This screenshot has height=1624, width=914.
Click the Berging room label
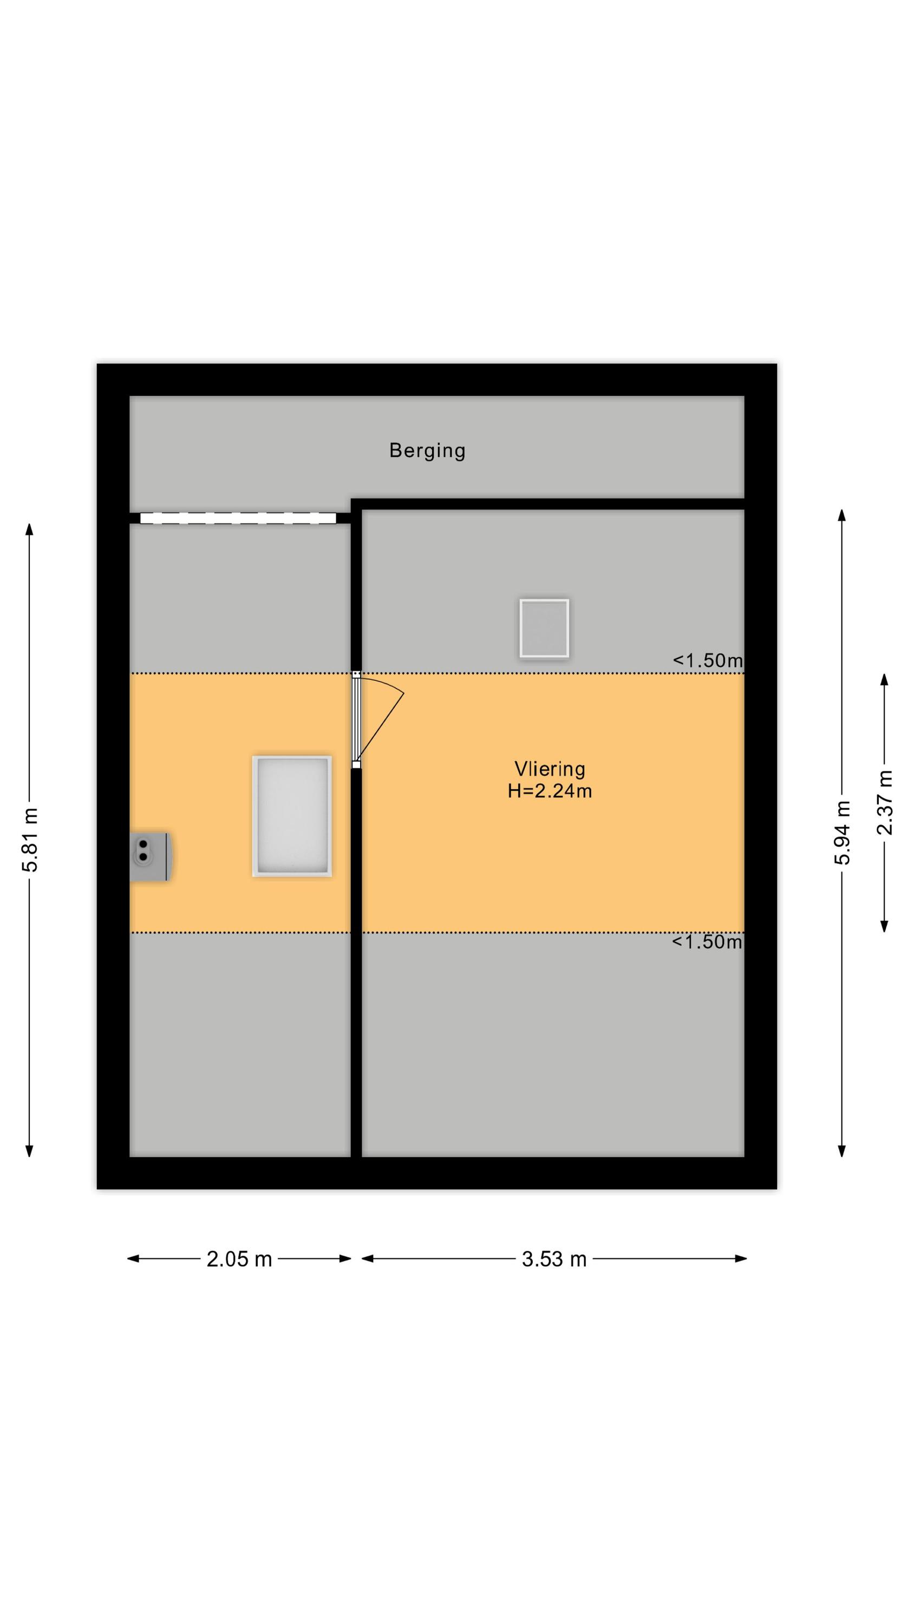(x=427, y=451)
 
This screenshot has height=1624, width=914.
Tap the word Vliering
(x=550, y=769)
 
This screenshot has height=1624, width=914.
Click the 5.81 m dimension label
(x=30, y=840)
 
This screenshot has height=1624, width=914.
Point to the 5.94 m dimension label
(x=842, y=832)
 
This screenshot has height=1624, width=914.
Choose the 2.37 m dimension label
(x=884, y=803)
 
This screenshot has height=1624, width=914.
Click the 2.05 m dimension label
(x=239, y=1259)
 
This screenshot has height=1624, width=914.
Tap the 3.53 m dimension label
(x=554, y=1259)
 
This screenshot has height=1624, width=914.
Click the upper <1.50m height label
(x=707, y=660)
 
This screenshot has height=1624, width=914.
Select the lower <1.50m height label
(x=707, y=941)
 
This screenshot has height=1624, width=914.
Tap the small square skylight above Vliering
(x=544, y=628)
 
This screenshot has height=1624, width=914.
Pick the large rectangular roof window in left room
(x=292, y=816)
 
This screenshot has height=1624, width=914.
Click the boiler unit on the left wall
(x=149, y=856)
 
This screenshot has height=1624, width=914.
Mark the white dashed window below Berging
(x=238, y=518)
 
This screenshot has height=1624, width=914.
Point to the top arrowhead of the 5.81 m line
(x=29, y=528)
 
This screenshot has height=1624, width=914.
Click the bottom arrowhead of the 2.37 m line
(x=884, y=926)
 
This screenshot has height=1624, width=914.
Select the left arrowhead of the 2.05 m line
(x=133, y=1259)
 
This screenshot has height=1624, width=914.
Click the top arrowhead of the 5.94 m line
(x=841, y=514)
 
